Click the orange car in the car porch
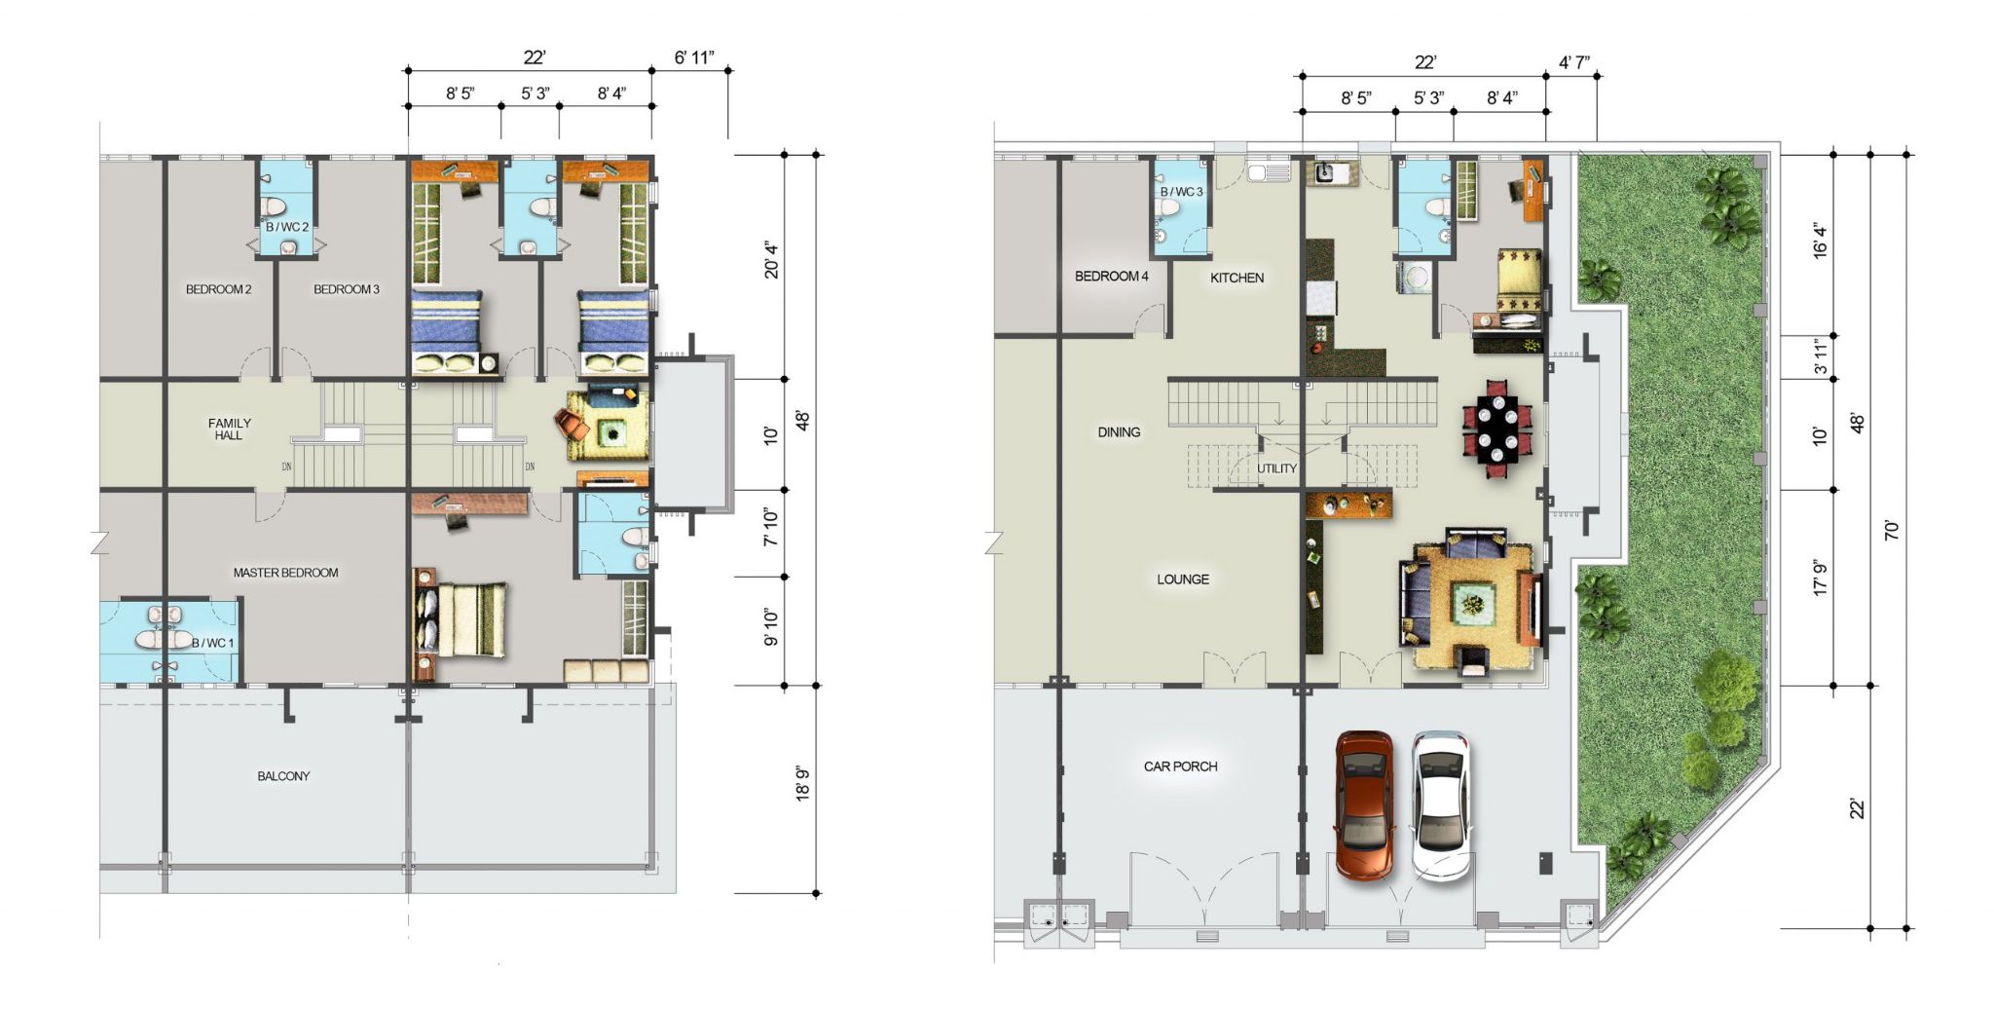tap(1363, 805)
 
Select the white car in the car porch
tap(1441, 805)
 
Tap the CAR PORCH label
tap(1180, 766)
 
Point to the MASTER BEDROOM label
tap(285, 573)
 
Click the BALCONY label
tap(283, 776)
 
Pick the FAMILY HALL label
tap(230, 430)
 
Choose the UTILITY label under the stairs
tap(1276, 468)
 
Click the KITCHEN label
tap(1237, 278)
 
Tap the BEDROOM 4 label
tap(1111, 277)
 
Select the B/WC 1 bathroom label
tap(211, 643)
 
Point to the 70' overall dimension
tap(1892, 530)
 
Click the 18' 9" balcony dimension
tap(803, 784)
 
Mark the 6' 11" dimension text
tap(694, 57)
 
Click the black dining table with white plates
tap(1496, 429)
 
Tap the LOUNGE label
tap(1183, 579)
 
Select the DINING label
tap(1119, 432)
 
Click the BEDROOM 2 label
tap(219, 289)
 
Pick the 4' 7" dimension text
tap(1574, 63)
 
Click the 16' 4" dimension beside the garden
tap(1820, 241)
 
